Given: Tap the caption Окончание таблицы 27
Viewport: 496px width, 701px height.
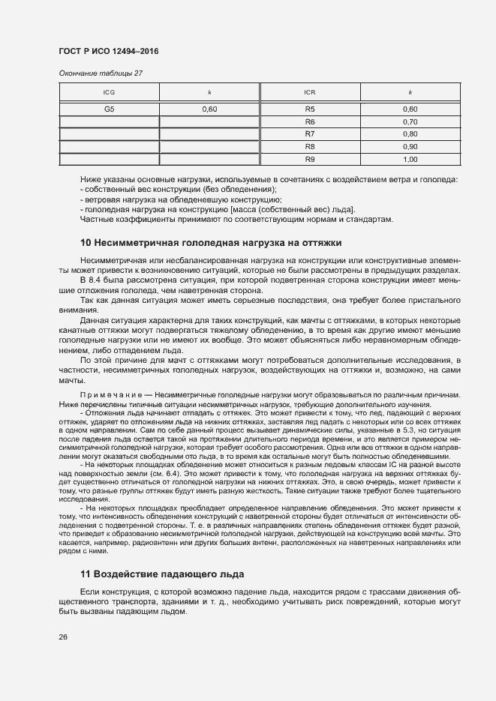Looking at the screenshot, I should tap(100, 73).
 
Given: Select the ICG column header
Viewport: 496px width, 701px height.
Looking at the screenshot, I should tap(109, 92).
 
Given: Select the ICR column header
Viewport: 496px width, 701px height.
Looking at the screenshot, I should tap(309, 92).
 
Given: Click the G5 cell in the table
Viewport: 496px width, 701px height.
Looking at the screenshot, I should tap(109, 109).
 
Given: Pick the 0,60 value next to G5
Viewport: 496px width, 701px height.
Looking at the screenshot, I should tap(209, 109).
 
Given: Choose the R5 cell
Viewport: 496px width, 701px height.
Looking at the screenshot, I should tap(309, 109).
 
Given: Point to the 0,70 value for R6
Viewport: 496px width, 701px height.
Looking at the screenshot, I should tap(410, 121).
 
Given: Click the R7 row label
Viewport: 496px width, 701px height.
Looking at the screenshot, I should tap(309, 133).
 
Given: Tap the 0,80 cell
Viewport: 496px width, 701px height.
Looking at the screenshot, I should tap(410, 133).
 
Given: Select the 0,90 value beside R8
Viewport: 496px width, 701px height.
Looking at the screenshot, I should tap(410, 146).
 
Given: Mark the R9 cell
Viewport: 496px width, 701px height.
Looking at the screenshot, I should tap(309, 159).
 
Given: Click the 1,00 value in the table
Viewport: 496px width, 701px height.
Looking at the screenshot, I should tap(410, 159).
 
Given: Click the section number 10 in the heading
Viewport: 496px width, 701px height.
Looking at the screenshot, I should tap(85, 243).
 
